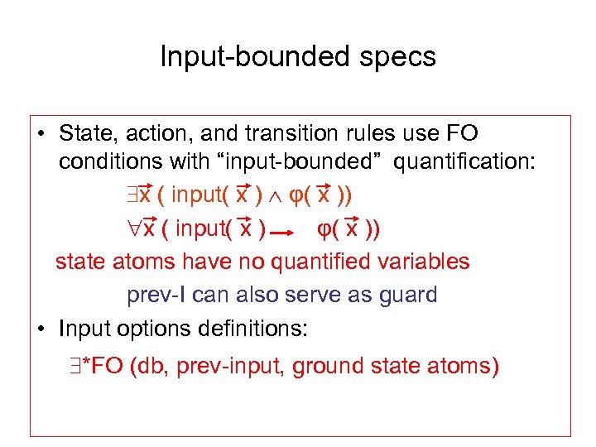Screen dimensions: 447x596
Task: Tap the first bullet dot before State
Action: coord(41,134)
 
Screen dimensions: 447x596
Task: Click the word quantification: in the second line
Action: coord(464,161)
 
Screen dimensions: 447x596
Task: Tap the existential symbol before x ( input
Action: coord(132,196)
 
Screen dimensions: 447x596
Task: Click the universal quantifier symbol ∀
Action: coord(132,228)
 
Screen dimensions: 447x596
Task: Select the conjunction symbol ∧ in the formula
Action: coord(278,196)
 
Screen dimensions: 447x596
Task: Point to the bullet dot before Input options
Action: coord(41,329)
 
